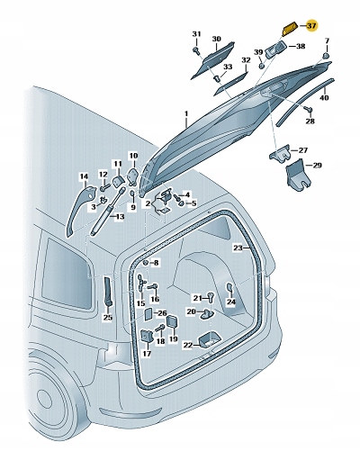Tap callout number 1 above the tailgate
point(185,114)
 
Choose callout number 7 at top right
point(327,41)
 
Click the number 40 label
point(325,97)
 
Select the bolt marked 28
point(308,109)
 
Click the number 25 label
point(107,317)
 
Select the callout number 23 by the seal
point(238,247)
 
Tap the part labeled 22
point(206,338)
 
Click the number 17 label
point(145,354)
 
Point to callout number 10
point(133,156)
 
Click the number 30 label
point(216,40)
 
